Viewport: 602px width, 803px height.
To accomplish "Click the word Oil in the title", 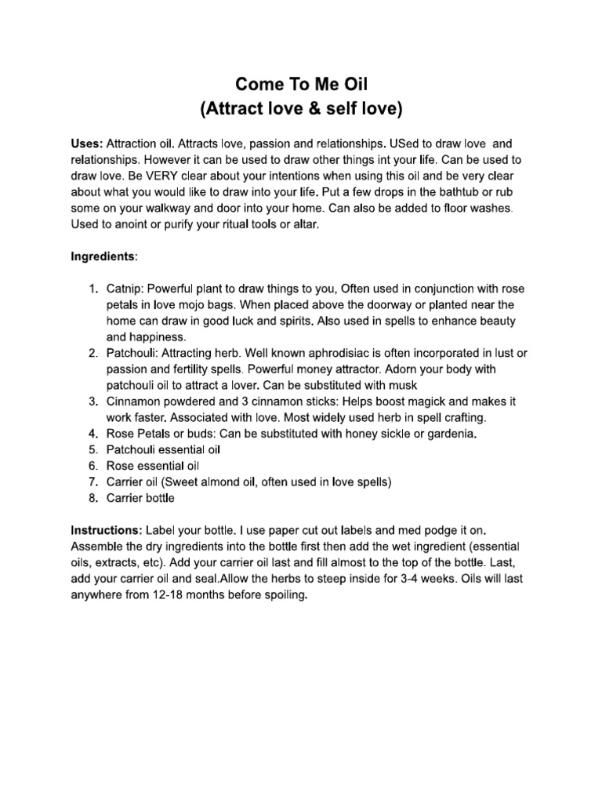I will click(352, 84).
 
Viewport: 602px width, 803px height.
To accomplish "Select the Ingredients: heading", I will click(105, 256).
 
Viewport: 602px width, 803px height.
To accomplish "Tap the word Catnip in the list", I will click(124, 288).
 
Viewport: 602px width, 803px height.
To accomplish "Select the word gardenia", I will click(448, 434).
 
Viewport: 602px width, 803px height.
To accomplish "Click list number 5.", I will click(94, 449).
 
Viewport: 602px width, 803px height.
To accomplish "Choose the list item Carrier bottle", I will click(140, 498).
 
